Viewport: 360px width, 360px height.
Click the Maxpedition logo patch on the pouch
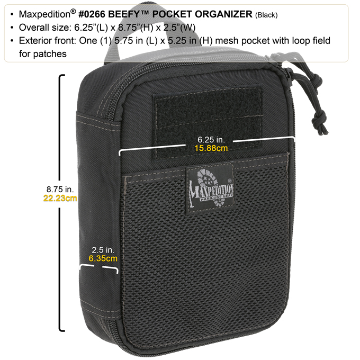[x=211, y=188]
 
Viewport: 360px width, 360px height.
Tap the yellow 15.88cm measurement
[x=211, y=148]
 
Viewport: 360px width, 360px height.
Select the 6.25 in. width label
[x=211, y=140]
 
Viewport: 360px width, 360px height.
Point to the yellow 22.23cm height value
[x=60, y=198]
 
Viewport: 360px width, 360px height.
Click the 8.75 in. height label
[x=60, y=190]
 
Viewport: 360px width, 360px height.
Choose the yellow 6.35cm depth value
[x=103, y=258]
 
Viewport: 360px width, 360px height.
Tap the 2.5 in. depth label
[x=103, y=250]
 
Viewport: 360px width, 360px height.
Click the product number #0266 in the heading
[x=92, y=14]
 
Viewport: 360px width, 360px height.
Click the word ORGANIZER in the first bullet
[x=223, y=14]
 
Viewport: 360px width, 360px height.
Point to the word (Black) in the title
[x=266, y=15]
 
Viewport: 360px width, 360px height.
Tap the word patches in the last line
[x=50, y=54]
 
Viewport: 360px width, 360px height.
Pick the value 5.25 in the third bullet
[x=177, y=41]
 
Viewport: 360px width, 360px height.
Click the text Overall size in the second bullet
[x=44, y=28]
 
